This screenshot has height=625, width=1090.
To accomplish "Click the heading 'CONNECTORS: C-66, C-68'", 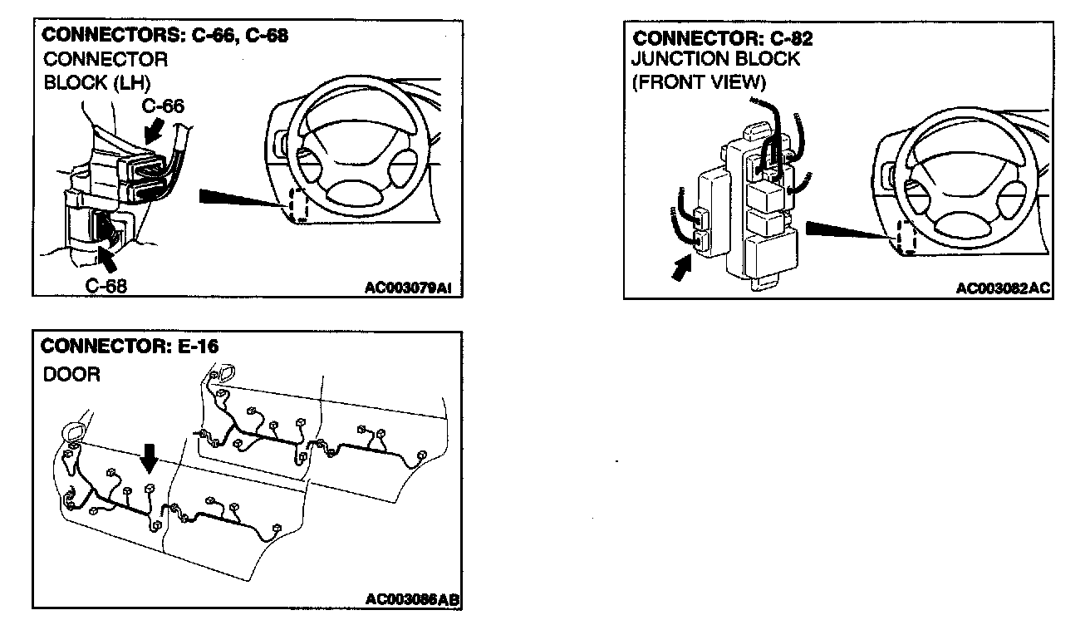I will click(x=164, y=36).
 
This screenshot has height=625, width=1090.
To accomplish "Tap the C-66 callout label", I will click(x=162, y=106).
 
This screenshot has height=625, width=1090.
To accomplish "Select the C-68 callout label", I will click(x=107, y=285).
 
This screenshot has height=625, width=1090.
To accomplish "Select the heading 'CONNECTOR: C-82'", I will click(x=722, y=39).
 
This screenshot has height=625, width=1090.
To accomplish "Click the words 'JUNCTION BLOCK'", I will click(x=715, y=60).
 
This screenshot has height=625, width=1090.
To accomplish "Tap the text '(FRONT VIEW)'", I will click(x=698, y=82).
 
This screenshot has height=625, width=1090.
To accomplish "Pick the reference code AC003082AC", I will click(x=1004, y=288).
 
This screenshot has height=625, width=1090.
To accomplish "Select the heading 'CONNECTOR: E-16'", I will click(x=130, y=347).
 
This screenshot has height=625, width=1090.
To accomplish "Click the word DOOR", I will click(x=71, y=375).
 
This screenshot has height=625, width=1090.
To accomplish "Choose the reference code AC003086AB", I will click(x=413, y=599).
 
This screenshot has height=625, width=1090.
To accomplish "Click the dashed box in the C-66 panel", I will click(x=297, y=204).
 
